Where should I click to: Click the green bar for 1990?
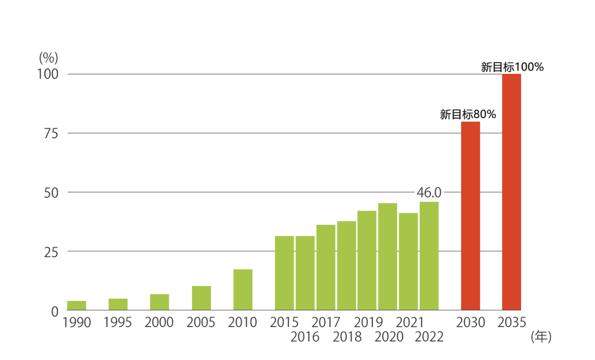76,305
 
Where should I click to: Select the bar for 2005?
201,298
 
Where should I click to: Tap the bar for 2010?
243,289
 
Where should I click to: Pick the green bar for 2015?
284,273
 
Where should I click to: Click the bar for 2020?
387,256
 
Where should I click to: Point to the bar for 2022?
429,255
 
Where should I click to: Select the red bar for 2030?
470,216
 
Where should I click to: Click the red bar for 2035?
511,192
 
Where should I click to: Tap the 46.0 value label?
429,192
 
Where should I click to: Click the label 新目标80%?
468,114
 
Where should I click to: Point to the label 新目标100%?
512,67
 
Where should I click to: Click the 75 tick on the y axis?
48,133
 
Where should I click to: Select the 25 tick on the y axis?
48,251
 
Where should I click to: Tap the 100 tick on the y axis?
47,74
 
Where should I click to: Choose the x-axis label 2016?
305,337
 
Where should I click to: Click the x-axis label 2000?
159,322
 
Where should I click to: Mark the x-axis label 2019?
368,322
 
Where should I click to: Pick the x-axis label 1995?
118,322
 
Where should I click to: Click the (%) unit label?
48,58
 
